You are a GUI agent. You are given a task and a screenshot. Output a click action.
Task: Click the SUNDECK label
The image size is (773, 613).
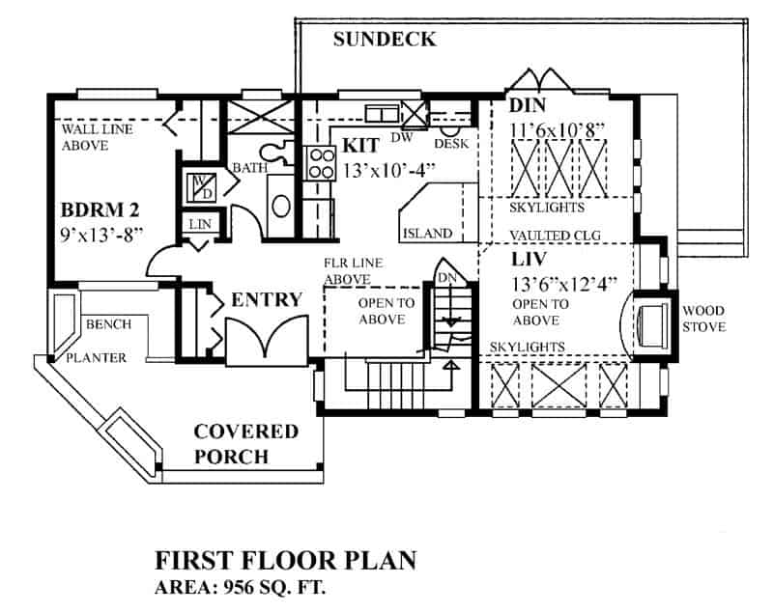tap(385, 40)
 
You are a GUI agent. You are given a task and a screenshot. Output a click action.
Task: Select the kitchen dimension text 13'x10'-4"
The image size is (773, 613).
tap(389, 170)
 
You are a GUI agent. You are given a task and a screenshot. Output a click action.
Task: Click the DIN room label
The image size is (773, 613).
tap(528, 105)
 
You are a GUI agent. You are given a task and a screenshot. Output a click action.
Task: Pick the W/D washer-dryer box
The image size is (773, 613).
tap(202, 184)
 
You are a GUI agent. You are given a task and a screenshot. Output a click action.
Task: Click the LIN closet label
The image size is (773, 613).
tap(200, 224)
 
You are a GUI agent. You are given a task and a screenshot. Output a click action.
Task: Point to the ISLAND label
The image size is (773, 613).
tap(426, 233)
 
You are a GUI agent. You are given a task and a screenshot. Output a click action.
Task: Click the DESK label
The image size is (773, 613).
tap(451, 143)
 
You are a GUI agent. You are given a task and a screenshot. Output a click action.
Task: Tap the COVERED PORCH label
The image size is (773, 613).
tap(245, 443)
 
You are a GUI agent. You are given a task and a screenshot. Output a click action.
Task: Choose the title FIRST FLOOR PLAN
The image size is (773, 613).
tap(286, 561)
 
